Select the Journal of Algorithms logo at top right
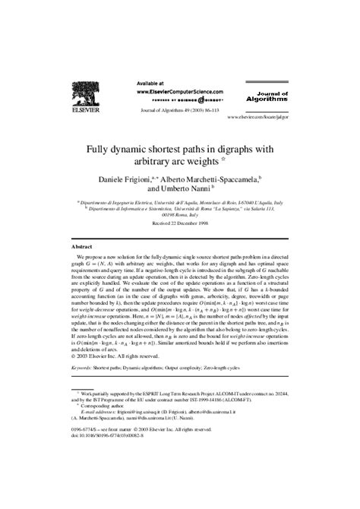pos(264,96)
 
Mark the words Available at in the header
pos(151,82)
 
